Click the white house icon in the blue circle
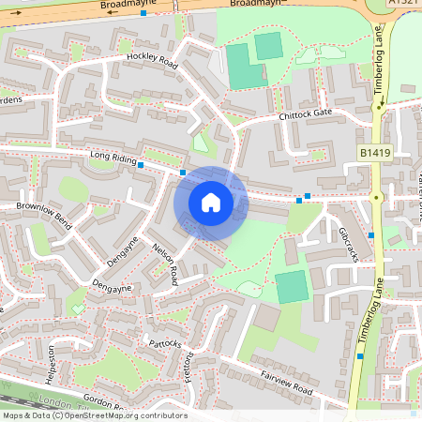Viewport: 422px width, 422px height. (211, 202)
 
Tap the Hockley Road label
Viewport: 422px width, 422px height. (152, 61)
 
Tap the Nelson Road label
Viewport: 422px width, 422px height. (165, 265)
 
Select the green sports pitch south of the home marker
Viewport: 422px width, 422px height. (292, 286)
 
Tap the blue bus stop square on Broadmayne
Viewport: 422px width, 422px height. (143, 14)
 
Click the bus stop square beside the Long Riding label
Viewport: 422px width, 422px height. (141, 165)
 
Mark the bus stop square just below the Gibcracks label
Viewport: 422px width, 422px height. (371, 234)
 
